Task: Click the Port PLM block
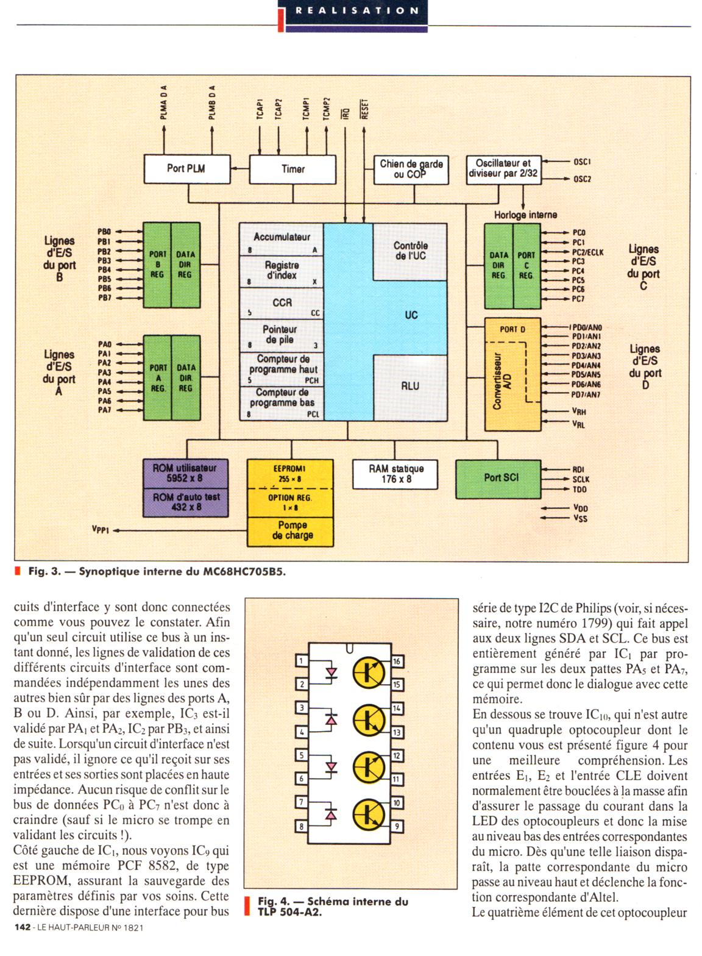pyautogui.click(x=186, y=169)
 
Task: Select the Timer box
pyautogui.click(x=292, y=169)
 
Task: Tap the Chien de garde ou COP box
pyautogui.click(x=411, y=169)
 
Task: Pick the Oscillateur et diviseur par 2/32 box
pyautogui.click(x=503, y=169)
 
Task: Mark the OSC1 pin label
pyautogui.click(x=581, y=162)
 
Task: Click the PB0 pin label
pyautogui.click(x=104, y=232)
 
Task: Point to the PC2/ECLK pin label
pyautogui.click(x=587, y=252)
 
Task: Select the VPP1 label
pyautogui.click(x=101, y=530)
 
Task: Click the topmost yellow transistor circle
pyautogui.click(x=369, y=672)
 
